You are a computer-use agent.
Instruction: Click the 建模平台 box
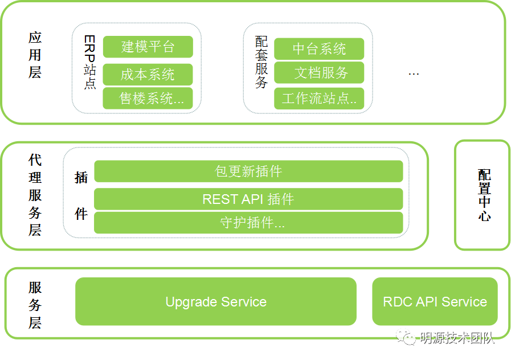pos(148,47)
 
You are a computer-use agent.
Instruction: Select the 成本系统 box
pos(148,75)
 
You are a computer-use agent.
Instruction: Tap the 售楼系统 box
pos(148,99)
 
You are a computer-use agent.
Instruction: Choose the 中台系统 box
pos(319,49)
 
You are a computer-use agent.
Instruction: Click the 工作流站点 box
pos(319,99)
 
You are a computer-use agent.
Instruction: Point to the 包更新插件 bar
pos(248,171)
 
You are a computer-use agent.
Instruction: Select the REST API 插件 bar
pos(248,199)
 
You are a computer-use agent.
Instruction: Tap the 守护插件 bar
pos(248,223)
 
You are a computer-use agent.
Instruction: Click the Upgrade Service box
pos(216,301)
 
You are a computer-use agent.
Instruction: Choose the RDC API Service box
pos(435,301)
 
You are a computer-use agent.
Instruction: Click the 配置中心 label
pos(484,195)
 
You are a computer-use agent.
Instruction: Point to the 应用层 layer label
pos(35,55)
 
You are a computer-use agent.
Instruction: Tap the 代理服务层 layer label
pos(35,195)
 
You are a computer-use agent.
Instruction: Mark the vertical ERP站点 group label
pos(89,62)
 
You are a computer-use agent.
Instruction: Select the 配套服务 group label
pos(261,62)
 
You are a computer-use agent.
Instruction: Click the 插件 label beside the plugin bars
pos(81,195)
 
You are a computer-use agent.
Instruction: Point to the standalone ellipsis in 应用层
pos(414,75)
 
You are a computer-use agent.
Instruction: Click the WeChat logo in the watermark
pos(406,337)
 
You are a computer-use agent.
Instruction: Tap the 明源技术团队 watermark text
pos(457,338)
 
